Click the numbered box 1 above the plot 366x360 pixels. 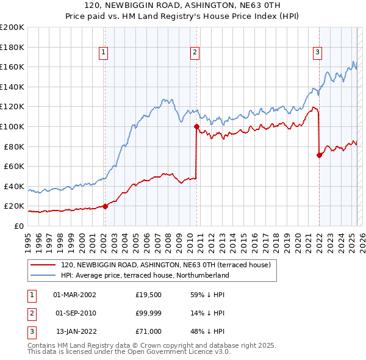pyautogui.click(x=104, y=53)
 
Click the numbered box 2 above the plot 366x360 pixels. pyautogui.click(x=195, y=53)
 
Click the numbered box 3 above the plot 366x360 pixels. pyautogui.click(x=318, y=53)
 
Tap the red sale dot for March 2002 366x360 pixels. pyautogui.click(x=105, y=206)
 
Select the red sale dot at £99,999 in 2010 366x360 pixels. pyautogui.click(x=196, y=127)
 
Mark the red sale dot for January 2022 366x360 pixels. pyautogui.click(x=319, y=155)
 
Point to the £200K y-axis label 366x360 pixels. pyautogui.click(x=12, y=27)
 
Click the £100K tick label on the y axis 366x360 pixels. pyautogui.click(x=12, y=126)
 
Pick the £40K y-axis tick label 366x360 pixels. pyautogui.click(x=14, y=186)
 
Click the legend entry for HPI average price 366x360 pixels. pyautogui.click(x=144, y=275)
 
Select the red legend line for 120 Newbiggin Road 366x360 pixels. pyautogui.click(x=42, y=265)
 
